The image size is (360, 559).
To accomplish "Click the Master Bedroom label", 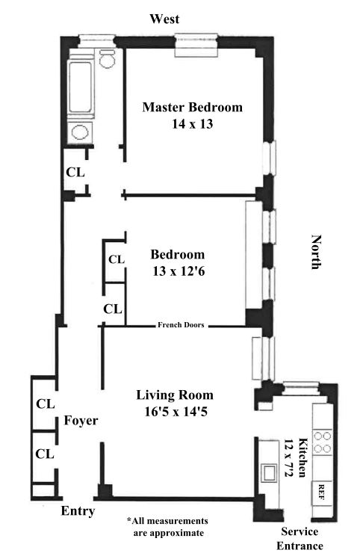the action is [192, 107].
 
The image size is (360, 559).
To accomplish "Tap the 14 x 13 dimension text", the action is [192, 124].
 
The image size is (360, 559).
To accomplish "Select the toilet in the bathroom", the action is [107, 59].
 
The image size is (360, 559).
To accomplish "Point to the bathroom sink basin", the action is [80, 132].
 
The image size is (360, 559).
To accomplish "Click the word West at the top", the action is [164, 19].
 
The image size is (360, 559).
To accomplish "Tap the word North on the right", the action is [317, 252].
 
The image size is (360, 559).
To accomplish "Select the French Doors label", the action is [181, 325].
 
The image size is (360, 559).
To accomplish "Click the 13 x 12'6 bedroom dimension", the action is [179, 271].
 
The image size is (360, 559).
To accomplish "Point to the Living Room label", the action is [175, 395].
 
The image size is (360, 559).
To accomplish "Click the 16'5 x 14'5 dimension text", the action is [176, 412].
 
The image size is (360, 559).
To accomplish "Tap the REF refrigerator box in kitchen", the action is [322, 492].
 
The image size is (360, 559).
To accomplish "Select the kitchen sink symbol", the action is [268, 473].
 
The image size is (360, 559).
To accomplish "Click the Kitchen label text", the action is [302, 457].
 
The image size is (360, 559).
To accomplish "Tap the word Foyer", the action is [81, 421].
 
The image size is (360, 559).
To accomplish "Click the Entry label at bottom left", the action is [78, 511].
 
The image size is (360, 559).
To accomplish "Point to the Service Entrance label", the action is [300, 539].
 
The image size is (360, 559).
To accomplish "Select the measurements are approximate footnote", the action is [167, 527].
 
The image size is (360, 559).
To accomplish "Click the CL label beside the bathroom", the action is [75, 173].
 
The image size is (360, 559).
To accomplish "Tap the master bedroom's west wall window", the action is [196, 45].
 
